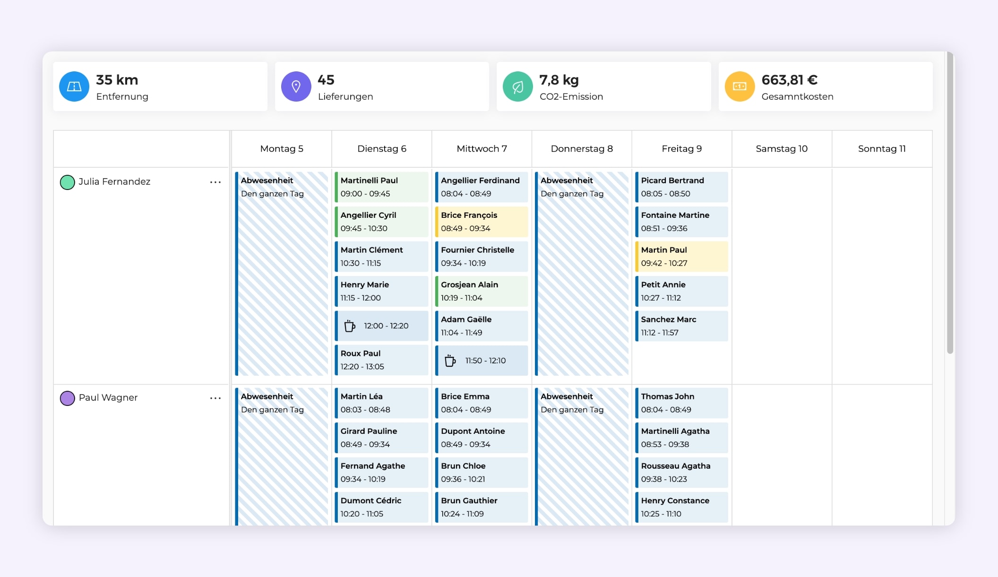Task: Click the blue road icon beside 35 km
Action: (74, 86)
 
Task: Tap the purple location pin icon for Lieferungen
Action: (296, 86)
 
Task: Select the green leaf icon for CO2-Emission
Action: (517, 86)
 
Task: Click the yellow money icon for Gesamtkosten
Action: (740, 86)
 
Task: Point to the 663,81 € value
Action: (789, 80)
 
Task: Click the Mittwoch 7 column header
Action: (482, 149)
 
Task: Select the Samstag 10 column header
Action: (782, 149)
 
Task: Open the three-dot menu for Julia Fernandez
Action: (215, 182)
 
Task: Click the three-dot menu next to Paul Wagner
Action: (215, 398)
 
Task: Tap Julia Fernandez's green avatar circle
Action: (68, 182)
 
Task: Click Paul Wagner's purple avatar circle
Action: (68, 398)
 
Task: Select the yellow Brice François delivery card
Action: (482, 222)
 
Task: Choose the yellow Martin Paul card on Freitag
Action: (681, 257)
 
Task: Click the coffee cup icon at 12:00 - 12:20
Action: (350, 326)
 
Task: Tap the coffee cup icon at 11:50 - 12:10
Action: (450, 361)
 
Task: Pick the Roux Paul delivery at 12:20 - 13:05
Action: (381, 360)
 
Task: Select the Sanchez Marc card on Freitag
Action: (681, 326)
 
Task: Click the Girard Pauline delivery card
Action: (381, 438)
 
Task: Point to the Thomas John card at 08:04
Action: (681, 403)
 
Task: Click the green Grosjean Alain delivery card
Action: (482, 291)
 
